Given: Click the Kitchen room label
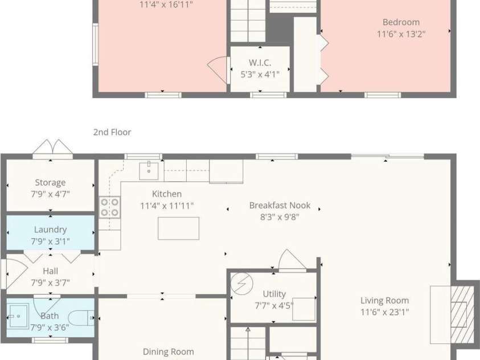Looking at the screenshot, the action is coord(167,194).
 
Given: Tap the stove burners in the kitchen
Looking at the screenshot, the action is coord(109,207).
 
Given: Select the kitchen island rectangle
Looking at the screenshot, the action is coord(178,228).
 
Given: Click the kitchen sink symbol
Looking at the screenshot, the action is coord(149,171).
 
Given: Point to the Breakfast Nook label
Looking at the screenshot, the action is coord(280,205).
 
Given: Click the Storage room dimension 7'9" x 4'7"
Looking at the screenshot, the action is coord(50,194).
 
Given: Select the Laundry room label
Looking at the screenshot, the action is coord(50,230).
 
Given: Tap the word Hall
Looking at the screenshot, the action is coord(50,271).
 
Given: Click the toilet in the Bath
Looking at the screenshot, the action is coord(81,318).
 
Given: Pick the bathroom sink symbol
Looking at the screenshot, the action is coord(18,316).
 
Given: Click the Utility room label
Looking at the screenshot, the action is coord(274,294).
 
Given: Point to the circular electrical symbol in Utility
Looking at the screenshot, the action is coord(242,284).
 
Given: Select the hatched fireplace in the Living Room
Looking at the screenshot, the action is coord(462,314).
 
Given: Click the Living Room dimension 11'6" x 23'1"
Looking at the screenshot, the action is coord(384,312).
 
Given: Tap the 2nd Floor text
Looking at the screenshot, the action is coord(112,132).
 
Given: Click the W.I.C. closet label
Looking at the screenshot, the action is coord(260,63).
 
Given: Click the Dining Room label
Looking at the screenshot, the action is coord(168,351).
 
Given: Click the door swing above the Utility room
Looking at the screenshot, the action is coord(292,260).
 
